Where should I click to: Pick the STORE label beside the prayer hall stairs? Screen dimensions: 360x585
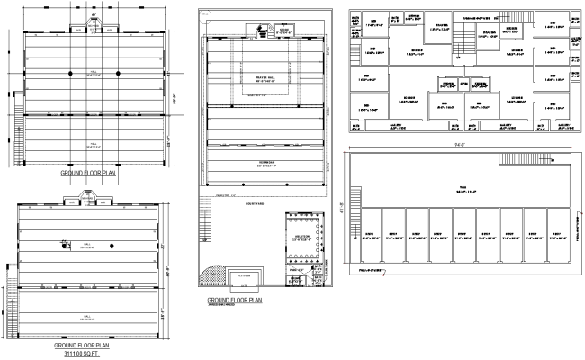(284, 30)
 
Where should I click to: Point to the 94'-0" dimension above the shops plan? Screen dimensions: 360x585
(459, 143)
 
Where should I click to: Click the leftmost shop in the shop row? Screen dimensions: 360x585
(370, 236)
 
